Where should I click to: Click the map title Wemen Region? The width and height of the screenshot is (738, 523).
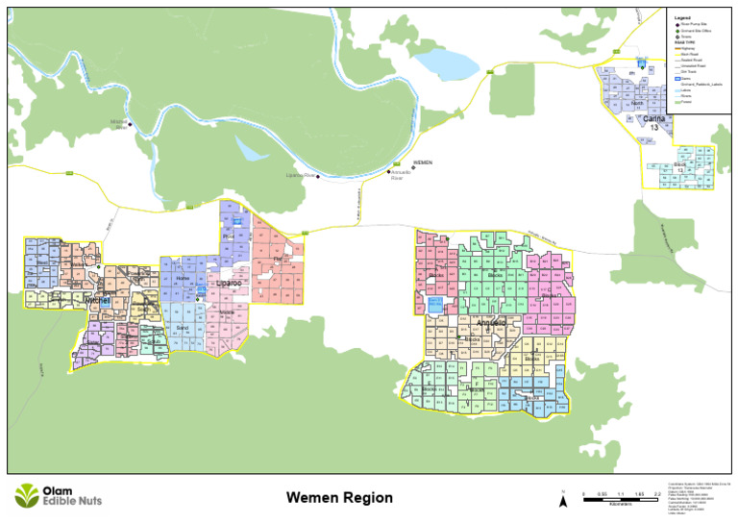point(339,498)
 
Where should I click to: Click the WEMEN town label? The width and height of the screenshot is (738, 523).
point(422,163)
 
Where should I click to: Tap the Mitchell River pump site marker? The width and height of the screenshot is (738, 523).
point(130,123)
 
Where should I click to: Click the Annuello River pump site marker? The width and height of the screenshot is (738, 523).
point(389,172)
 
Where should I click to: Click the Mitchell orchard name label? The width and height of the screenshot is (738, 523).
point(98,301)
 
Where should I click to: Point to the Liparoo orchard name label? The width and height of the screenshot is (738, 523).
point(229,284)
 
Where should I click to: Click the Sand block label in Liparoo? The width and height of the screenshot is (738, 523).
point(183,328)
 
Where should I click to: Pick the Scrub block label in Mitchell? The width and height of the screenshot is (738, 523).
point(154,341)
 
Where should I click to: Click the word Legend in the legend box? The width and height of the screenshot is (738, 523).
point(681,17)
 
